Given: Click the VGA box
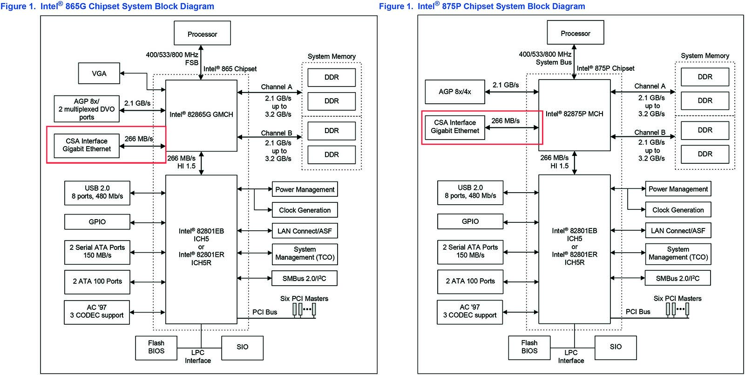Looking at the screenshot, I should click(x=99, y=74).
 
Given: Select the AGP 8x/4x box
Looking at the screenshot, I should click(x=454, y=92).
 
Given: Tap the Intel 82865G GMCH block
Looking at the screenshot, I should click(x=201, y=115).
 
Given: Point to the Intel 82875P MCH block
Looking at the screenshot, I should click(x=574, y=114).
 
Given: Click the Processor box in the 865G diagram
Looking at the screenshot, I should click(x=202, y=34).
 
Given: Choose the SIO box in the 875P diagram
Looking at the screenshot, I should click(x=616, y=347).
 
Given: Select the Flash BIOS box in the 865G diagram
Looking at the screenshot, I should click(x=156, y=348).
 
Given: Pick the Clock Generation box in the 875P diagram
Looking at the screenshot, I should click(x=678, y=210).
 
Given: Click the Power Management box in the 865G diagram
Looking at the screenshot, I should click(x=305, y=189).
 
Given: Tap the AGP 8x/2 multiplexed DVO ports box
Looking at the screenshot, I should click(x=87, y=109).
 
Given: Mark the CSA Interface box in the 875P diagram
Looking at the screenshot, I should click(x=455, y=127).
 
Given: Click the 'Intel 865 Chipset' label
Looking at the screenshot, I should click(x=230, y=69).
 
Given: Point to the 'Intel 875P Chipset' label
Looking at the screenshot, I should click(x=605, y=68).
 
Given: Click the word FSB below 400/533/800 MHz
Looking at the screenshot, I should click(x=191, y=63).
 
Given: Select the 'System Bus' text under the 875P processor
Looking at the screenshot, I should click(x=553, y=62).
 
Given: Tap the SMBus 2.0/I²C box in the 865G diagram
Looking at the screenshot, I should click(x=305, y=279).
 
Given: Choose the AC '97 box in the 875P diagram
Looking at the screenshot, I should click(x=470, y=312).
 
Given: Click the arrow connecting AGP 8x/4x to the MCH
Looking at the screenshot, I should click(x=511, y=92).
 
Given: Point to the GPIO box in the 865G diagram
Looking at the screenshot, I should click(x=97, y=222).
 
